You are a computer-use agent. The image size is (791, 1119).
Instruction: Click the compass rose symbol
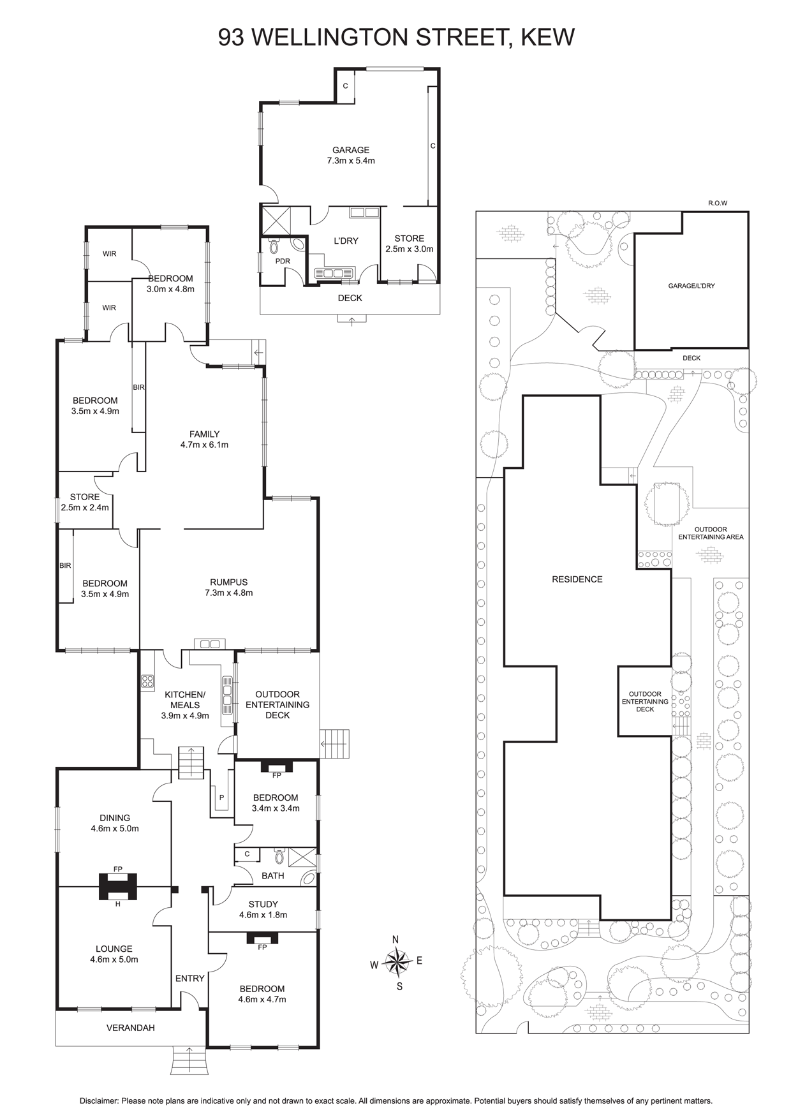click(x=397, y=963)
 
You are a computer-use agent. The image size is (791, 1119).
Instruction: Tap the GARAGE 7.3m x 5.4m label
click(x=351, y=155)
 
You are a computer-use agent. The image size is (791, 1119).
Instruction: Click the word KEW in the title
click(x=548, y=37)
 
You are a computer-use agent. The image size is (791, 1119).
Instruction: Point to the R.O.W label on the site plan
click(x=718, y=203)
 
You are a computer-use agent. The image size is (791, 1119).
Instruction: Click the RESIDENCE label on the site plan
click(x=577, y=579)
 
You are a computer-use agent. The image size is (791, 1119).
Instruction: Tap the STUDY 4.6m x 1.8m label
click(x=263, y=909)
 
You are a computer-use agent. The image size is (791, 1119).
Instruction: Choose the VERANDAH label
click(x=131, y=1028)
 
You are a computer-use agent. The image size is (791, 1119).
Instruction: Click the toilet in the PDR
click(x=274, y=246)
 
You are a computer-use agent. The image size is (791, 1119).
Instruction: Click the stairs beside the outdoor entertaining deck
click(x=335, y=744)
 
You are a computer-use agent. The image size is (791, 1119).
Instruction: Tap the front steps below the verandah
click(x=189, y=1060)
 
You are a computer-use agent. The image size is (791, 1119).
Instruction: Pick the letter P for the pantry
click(x=222, y=797)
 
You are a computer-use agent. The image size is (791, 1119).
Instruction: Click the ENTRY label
click(x=190, y=978)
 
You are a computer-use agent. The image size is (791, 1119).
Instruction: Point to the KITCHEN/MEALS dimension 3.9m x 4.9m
click(x=185, y=716)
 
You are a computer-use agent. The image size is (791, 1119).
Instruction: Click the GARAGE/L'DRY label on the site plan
click(x=691, y=286)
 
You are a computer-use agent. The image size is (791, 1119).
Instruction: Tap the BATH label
click(x=273, y=875)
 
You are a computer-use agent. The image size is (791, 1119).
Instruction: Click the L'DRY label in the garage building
click(x=346, y=241)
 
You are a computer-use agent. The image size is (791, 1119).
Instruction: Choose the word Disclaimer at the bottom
click(x=99, y=1101)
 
